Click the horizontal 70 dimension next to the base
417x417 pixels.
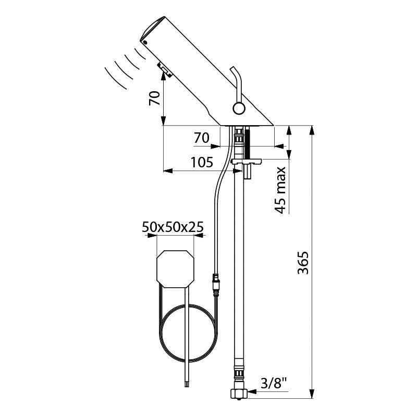(x=201, y=138)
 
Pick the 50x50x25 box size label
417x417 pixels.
(x=172, y=227)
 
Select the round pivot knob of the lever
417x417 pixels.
(x=239, y=108)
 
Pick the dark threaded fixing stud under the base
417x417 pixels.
(x=248, y=143)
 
